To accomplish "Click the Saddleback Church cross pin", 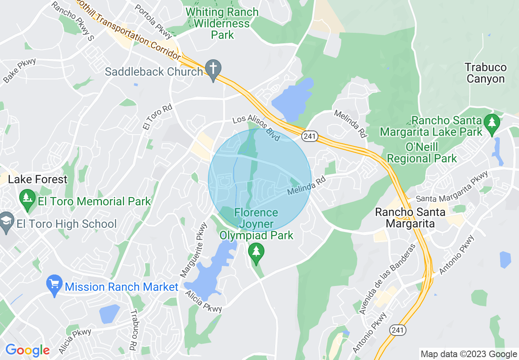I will coord(213,69).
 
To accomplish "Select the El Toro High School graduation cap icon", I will coord(6,222).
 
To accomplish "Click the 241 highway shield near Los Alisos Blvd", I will coord(310,136).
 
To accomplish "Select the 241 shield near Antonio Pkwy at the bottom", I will coord(398,330).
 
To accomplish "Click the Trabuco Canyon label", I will coord(486,73).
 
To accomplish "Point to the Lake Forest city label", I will coord(38,179).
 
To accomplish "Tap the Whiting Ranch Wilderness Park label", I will coord(222,23).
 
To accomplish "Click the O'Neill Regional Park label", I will coord(422,152).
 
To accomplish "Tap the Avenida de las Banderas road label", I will coord(386,279).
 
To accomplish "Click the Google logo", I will coord(27,350).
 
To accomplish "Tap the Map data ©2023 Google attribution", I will coord(469,354).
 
